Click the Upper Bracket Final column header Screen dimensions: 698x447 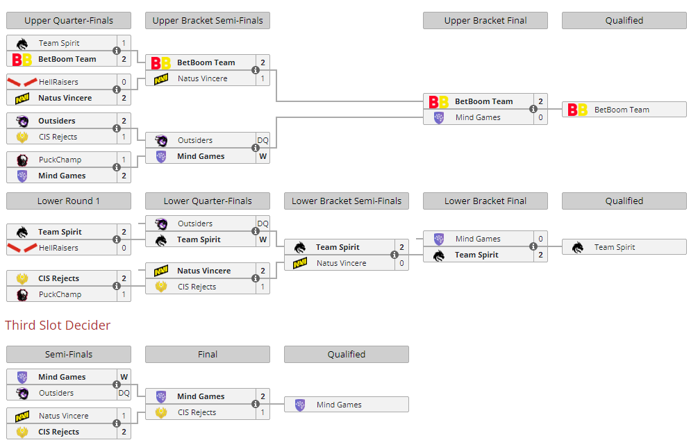point(485,20)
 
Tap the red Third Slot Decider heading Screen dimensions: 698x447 point(58,325)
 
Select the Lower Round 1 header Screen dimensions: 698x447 point(69,201)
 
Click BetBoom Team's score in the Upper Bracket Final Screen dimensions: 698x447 point(540,101)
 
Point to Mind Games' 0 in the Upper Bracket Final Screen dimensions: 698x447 point(540,117)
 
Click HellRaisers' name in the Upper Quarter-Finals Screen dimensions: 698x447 point(58,82)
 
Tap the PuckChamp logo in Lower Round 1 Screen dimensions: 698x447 point(22,294)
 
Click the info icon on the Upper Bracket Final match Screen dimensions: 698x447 point(533,109)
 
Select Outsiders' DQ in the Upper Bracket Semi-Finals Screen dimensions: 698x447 point(263,140)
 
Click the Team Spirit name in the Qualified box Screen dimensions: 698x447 point(615,247)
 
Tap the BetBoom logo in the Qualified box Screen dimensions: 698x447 point(577,110)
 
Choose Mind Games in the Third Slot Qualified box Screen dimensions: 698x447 point(339,405)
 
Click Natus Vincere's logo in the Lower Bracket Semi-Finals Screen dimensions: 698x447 point(300,263)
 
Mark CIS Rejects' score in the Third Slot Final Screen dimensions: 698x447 point(263,412)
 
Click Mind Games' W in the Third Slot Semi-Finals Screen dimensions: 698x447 point(124,377)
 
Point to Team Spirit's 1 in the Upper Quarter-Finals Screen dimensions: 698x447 point(124,43)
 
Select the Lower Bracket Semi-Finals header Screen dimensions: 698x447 point(347,201)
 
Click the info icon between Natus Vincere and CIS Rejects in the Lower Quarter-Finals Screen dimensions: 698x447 point(255,278)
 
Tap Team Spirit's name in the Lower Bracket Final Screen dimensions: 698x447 point(476,255)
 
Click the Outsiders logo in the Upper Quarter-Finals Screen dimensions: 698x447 point(22,121)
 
